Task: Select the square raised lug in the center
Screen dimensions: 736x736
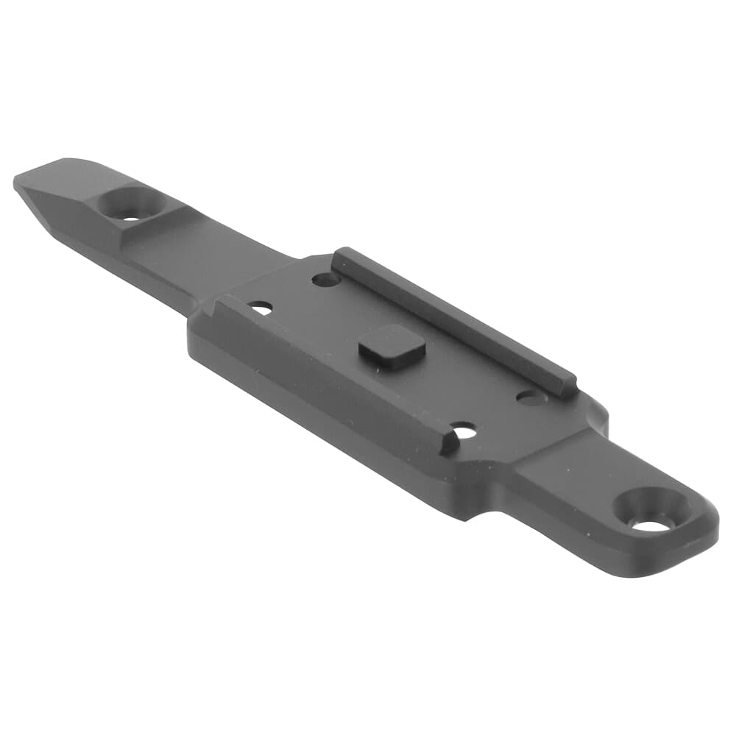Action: tap(391, 343)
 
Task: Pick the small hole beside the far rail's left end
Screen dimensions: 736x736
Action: tap(325, 280)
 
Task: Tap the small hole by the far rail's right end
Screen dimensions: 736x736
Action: tap(531, 397)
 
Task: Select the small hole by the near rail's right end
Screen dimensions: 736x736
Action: tap(464, 431)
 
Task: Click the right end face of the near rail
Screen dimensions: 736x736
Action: tap(447, 443)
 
